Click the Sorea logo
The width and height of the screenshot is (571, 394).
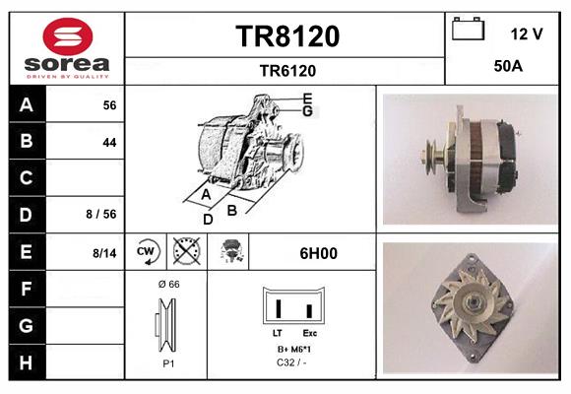click(x=66, y=48)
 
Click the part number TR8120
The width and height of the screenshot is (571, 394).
click(x=287, y=36)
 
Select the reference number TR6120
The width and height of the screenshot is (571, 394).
click(x=287, y=70)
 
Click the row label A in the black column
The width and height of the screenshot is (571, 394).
click(x=26, y=104)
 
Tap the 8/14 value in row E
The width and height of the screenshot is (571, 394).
click(x=103, y=253)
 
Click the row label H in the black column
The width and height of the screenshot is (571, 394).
click(x=26, y=361)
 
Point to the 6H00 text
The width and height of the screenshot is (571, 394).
click(x=319, y=253)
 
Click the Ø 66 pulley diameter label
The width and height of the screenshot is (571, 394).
click(x=167, y=285)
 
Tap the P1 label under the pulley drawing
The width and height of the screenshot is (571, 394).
click(x=167, y=363)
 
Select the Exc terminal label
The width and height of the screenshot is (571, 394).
click(x=308, y=334)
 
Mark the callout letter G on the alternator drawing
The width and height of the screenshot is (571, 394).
click(x=307, y=111)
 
